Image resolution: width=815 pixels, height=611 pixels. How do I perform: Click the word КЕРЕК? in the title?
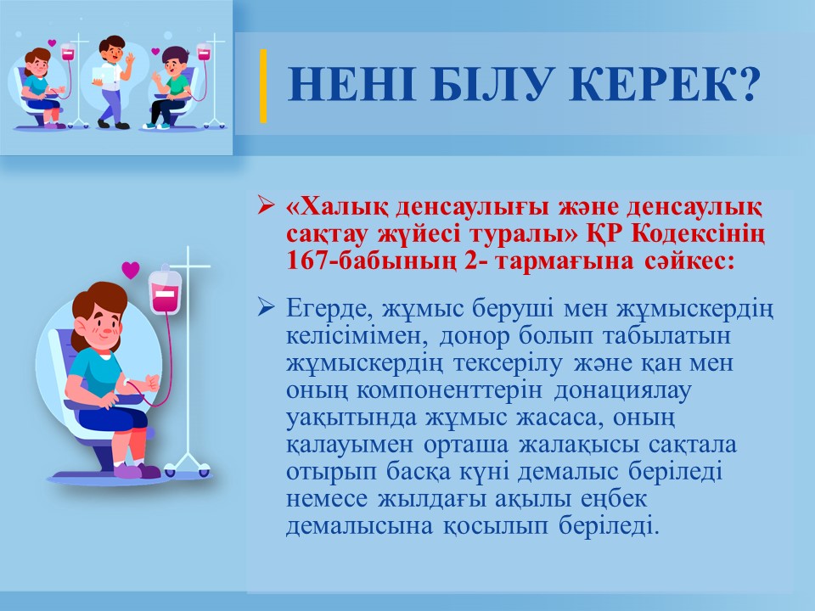[x=666, y=83]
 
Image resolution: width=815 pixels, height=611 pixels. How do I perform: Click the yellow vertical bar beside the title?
[x=263, y=86]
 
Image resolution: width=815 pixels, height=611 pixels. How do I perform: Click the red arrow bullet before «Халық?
[x=266, y=206]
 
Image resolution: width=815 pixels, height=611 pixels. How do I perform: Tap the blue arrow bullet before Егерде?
[x=266, y=309]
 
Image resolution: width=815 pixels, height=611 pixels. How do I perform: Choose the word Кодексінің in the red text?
[x=698, y=235]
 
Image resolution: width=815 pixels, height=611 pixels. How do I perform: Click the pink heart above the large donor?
[x=131, y=270]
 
